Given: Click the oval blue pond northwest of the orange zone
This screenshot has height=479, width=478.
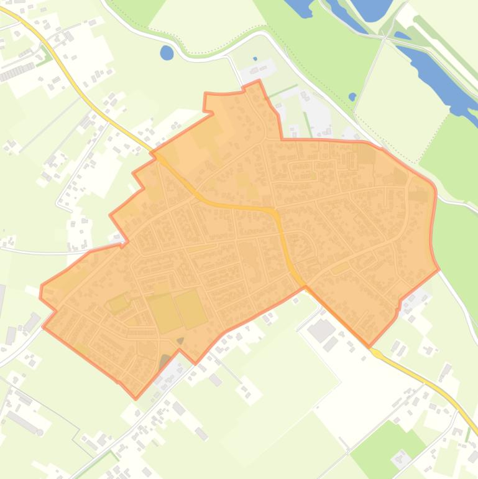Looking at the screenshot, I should click(x=167, y=53).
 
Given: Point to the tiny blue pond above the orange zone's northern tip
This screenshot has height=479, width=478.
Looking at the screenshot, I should click(x=255, y=59).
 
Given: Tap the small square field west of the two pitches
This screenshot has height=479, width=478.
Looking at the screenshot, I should click(x=117, y=304).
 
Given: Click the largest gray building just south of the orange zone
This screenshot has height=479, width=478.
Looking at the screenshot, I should click(x=321, y=330).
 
